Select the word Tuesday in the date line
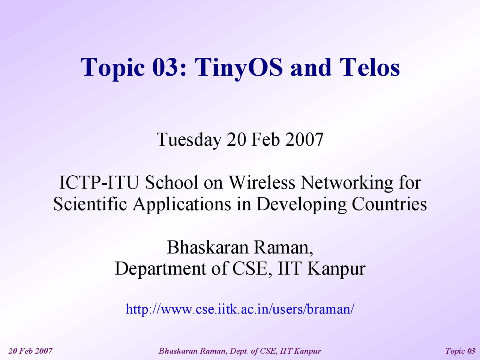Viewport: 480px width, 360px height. [189, 140]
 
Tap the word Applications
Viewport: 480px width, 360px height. [182, 205]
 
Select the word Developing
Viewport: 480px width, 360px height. [301, 205]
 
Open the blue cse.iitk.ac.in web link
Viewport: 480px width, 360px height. [240, 309]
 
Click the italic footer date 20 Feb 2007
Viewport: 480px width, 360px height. [30, 351]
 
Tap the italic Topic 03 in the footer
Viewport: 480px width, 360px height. [460, 351]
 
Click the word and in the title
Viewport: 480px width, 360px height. [311, 67]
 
